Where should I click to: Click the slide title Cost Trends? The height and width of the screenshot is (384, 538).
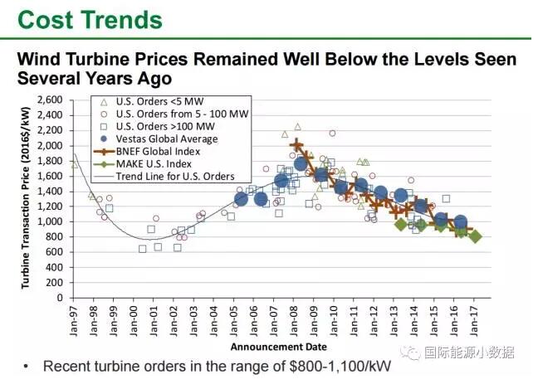point(90,19)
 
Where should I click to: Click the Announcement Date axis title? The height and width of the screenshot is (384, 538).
point(278,346)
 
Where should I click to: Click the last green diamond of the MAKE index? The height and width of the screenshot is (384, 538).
point(475,236)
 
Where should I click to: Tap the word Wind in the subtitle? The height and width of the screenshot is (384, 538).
point(44,60)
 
